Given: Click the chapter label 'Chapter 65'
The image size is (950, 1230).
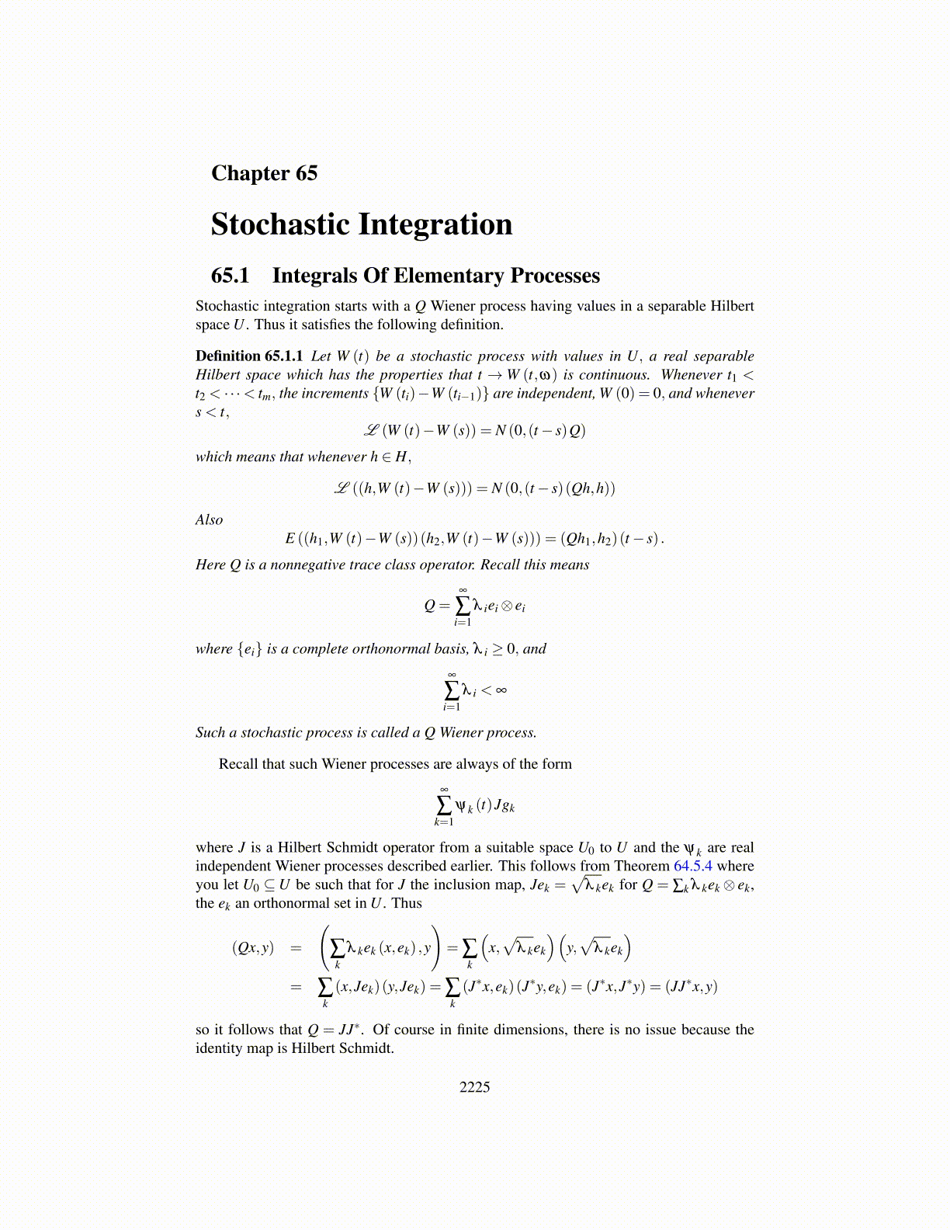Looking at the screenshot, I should (x=264, y=173).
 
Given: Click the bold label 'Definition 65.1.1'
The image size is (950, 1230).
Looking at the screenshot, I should (x=249, y=356).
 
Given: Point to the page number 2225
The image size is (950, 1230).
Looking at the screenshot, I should (x=474, y=1087).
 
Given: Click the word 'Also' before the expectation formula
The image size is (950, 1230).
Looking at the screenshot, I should (x=209, y=520).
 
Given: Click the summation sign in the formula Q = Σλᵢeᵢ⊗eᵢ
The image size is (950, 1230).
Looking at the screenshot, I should (x=463, y=605).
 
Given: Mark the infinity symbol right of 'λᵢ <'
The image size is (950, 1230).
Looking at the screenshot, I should (x=501, y=690).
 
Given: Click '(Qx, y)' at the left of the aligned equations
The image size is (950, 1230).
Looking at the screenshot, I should (x=253, y=947).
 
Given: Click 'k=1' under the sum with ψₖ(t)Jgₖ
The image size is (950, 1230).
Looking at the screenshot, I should (x=444, y=822).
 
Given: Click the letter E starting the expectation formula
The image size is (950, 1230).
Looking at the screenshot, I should (x=290, y=538).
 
